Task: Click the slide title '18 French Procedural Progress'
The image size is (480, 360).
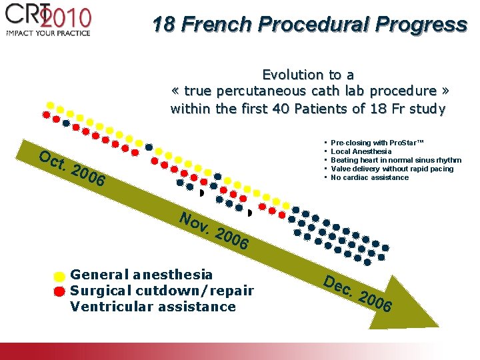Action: point(309,25)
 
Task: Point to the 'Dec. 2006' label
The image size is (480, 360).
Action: point(358,293)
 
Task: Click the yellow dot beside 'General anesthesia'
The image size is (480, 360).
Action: point(59,276)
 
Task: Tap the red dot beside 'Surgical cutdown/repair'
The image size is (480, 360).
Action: point(59,291)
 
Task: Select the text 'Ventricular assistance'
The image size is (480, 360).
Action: point(153,307)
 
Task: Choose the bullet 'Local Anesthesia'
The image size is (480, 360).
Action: point(361,152)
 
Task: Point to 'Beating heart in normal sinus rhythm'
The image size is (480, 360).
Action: point(395,161)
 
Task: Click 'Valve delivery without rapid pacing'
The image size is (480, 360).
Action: point(391,169)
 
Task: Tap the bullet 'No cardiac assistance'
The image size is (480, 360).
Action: point(369,178)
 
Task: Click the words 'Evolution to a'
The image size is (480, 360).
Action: point(308,75)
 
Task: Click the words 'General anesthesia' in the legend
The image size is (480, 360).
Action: point(141,274)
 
